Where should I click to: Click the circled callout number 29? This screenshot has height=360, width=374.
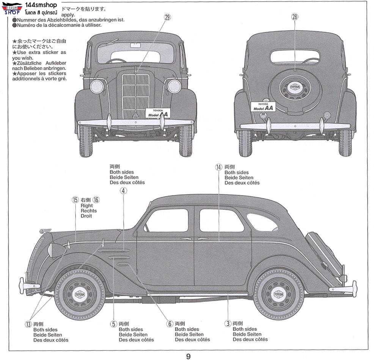[168, 17]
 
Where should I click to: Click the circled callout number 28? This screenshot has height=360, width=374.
[295, 17]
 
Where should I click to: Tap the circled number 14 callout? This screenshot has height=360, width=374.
[218, 167]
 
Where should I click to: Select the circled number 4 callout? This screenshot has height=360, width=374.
[123, 191]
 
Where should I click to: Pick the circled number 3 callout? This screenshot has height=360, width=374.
[228, 324]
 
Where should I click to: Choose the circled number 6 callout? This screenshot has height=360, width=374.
[170, 324]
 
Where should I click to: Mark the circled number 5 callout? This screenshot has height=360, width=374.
[113, 324]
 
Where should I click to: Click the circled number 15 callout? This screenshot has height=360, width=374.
[75, 200]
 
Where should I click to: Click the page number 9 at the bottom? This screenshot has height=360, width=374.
[188, 356]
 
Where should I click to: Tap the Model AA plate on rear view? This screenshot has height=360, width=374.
[263, 107]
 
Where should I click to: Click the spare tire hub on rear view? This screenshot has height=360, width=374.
[295, 87]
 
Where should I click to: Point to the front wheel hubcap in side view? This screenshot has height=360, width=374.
[80, 294]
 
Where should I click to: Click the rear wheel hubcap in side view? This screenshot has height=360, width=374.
[279, 294]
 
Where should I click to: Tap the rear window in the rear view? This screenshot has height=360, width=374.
[295, 57]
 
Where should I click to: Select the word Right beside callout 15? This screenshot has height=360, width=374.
[86, 205]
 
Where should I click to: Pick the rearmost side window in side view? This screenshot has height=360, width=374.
[262, 222]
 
